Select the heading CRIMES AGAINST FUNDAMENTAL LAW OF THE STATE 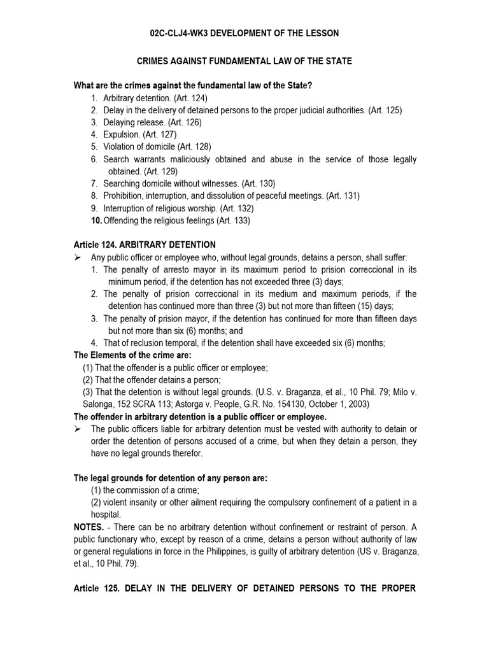[x=245, y=61]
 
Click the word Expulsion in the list [x=122, y=134]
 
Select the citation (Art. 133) [x=233, y=220]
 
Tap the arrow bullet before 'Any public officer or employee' [x=78, y=257]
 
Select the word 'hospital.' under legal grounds [x=106, y=514]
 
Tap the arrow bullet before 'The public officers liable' [x=78, y=429]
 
